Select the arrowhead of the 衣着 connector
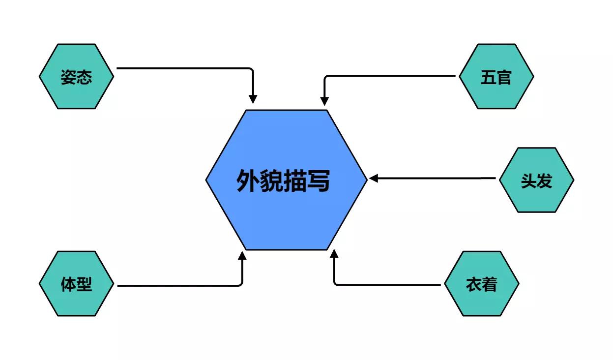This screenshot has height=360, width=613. (x=334, y=255)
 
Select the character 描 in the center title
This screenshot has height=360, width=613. (x=295, y=180)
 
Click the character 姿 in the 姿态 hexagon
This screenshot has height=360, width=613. (x=68, y=77)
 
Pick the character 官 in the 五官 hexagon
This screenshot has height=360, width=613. (x=504, y=77)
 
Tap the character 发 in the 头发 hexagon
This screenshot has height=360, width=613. (x=544, y=180)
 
